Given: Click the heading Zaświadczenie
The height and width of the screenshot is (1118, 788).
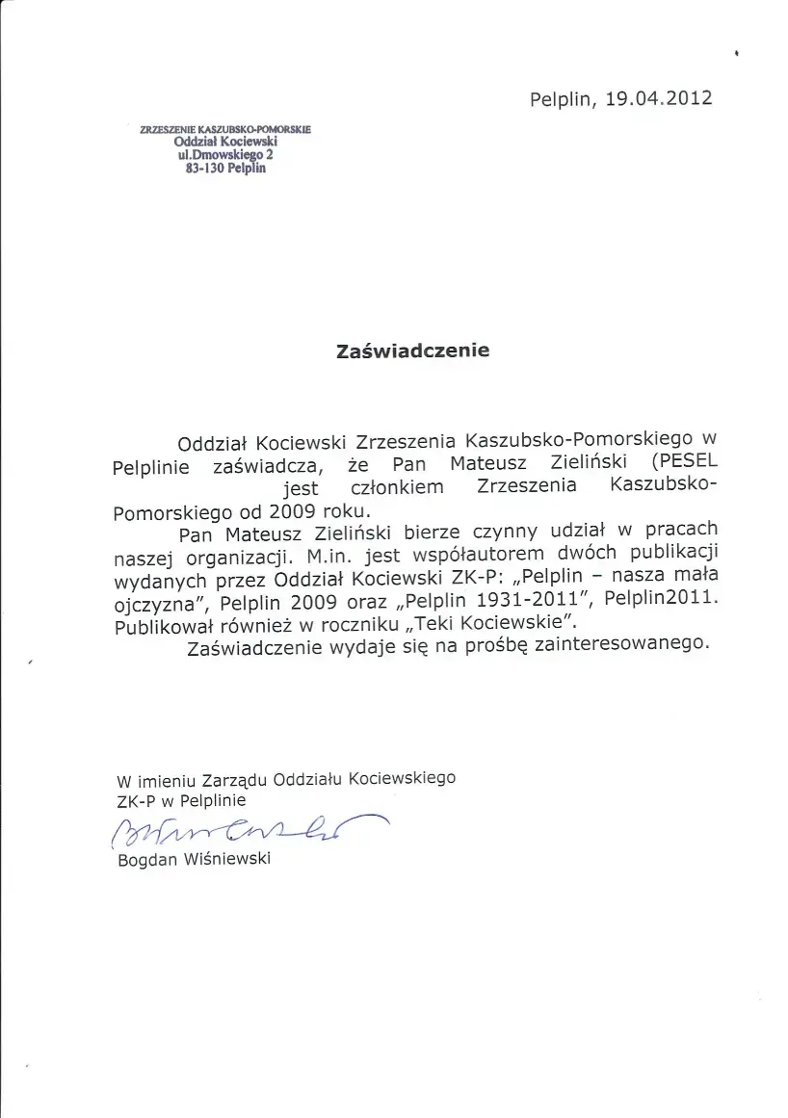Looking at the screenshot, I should click(x=412, y=351).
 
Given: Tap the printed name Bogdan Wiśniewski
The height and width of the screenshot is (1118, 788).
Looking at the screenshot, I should click(x=194, y=859).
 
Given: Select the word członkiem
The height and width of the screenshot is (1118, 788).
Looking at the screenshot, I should click(x=392, y=486).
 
